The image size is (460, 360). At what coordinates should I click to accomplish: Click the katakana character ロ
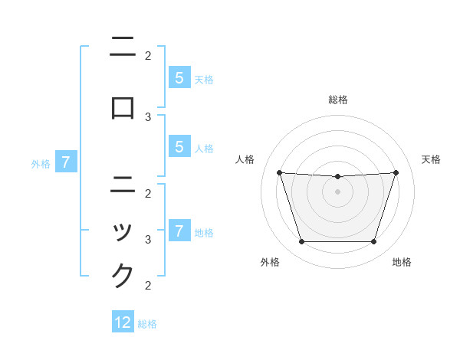coord(123,108)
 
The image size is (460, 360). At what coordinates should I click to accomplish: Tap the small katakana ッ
coord(123,231)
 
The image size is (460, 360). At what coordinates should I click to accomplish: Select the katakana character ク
coord(123,275)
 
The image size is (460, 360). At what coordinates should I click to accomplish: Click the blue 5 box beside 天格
coord(179,77)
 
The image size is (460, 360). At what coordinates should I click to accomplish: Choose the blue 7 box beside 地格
coord(179,231)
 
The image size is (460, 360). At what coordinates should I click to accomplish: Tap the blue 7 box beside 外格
coord(66,162)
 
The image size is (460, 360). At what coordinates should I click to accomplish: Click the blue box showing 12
coord(123,322)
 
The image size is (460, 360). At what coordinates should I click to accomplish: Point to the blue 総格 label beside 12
coord(147,324)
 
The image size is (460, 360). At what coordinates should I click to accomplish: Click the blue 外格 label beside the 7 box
coord(41,163)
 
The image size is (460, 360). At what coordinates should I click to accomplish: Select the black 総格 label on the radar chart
coord(338,100)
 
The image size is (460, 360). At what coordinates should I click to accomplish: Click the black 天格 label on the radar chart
coord(431,159)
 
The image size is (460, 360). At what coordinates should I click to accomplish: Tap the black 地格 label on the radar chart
coord(402,263)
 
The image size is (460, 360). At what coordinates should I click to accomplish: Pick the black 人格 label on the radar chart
coord(245,159)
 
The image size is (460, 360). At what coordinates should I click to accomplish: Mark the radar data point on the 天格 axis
coord(396,172)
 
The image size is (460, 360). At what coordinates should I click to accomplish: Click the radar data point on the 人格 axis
coord(279,172)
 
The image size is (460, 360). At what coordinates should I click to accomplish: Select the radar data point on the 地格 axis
coord(373,242)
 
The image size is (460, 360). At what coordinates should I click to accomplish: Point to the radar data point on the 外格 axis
coord(301,242)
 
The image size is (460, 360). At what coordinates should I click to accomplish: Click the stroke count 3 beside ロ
coord(148,116)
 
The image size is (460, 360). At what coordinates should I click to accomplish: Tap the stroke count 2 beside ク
coord(148,286)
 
